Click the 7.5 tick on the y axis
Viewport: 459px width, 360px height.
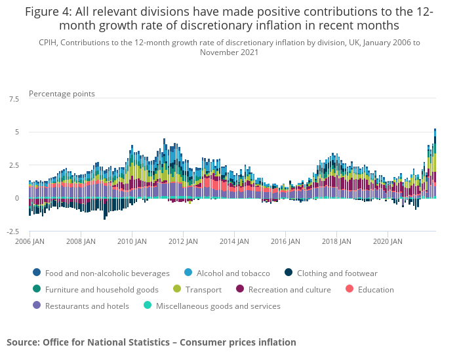[x=14, y=99]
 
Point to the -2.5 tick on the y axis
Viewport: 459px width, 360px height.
[x=12, y=231]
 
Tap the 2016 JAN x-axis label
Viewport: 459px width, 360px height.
[x=286, y=241]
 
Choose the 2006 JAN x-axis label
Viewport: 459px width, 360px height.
[x=30, y=241]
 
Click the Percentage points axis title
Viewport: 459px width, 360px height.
[x=62, y=94]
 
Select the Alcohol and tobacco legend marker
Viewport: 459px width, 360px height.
[x=188, y=273]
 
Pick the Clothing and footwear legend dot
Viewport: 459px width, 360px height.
[x=289, y=273]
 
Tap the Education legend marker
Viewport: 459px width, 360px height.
[x=349, y=289]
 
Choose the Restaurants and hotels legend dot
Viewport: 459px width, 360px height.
[x=37, y=306]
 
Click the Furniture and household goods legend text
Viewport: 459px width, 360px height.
[x=102, y=290]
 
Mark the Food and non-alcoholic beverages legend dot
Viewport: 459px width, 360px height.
[x=37, y=273]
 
